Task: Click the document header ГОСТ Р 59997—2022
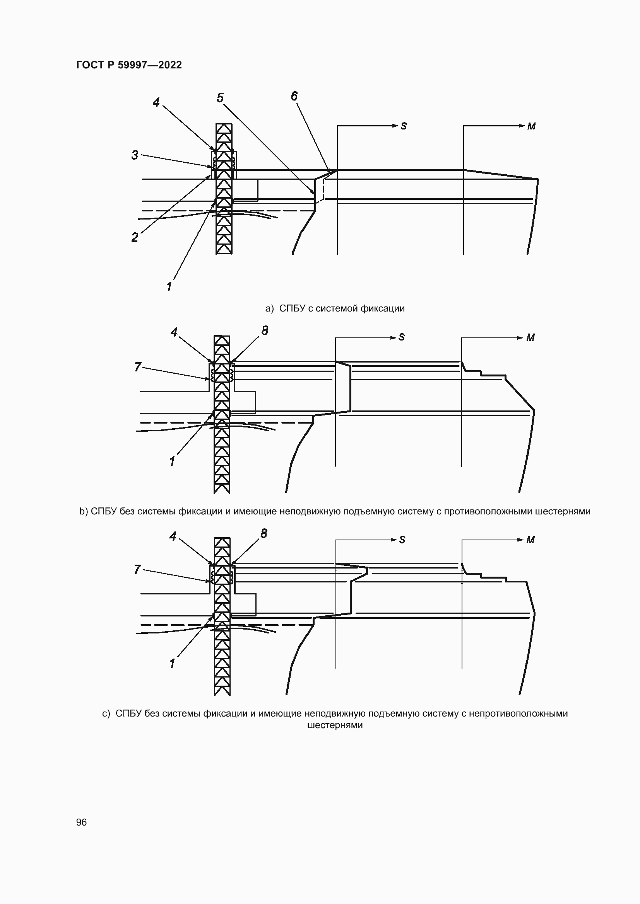pos(129,65)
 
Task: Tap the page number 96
pos(81,822)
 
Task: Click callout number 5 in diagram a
pos(220,98)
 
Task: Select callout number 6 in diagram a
pos(294,96)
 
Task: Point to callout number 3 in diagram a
pos(135,155)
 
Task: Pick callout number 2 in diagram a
pos(135,237)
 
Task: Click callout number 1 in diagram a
pos(169,287)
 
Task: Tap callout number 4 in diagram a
pos(156,102)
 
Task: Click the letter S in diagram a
pos(404,126)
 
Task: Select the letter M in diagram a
pos(531,126)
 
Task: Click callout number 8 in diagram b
pos(264,331)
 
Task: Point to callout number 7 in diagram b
pos(137,367)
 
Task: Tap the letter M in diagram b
pos(530,338)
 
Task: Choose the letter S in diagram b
pos(402,337)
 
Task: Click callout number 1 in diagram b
pos(172,461)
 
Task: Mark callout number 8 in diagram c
pos(264,533)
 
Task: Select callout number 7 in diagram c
pos(137,569)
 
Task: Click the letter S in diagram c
pos(402,540)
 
